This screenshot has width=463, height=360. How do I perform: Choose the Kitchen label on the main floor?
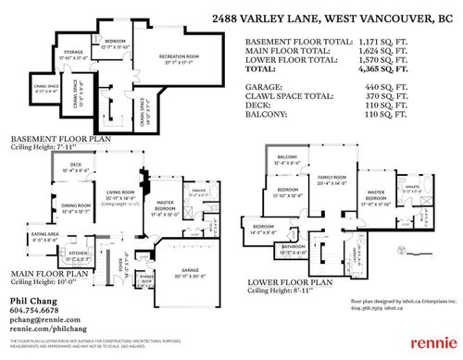pyautogui.click(x=77, y=253)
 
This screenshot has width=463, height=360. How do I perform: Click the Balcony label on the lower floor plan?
pyautogui.click(x=288, y=158)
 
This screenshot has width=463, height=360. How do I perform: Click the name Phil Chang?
pyautogui.click(x=31, y=302)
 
